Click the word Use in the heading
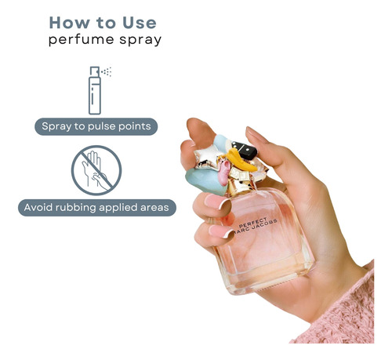point(140,23)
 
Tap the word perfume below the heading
point(82,40)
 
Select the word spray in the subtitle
point(140,41)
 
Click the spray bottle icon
point(95,90)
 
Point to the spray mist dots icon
point(107,72)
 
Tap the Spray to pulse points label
point(96,126)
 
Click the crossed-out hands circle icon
point(96,170)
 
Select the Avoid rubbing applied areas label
point(97,208)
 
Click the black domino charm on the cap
point(245,150)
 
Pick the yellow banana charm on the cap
point(241,160)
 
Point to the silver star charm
point(208,157)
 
